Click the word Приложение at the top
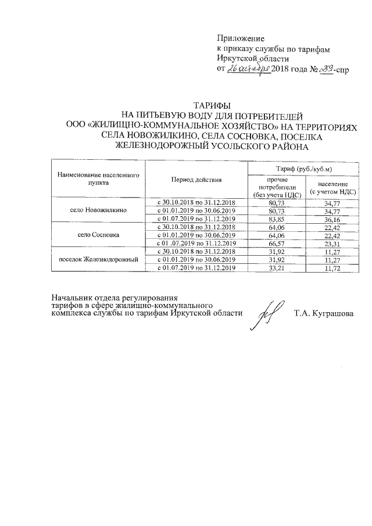[241, 37]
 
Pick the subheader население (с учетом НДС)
[332, 188]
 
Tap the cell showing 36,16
[332, 219]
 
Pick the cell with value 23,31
[332, 244]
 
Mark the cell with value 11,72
[332, 268]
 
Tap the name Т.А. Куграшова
[323, 314]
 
